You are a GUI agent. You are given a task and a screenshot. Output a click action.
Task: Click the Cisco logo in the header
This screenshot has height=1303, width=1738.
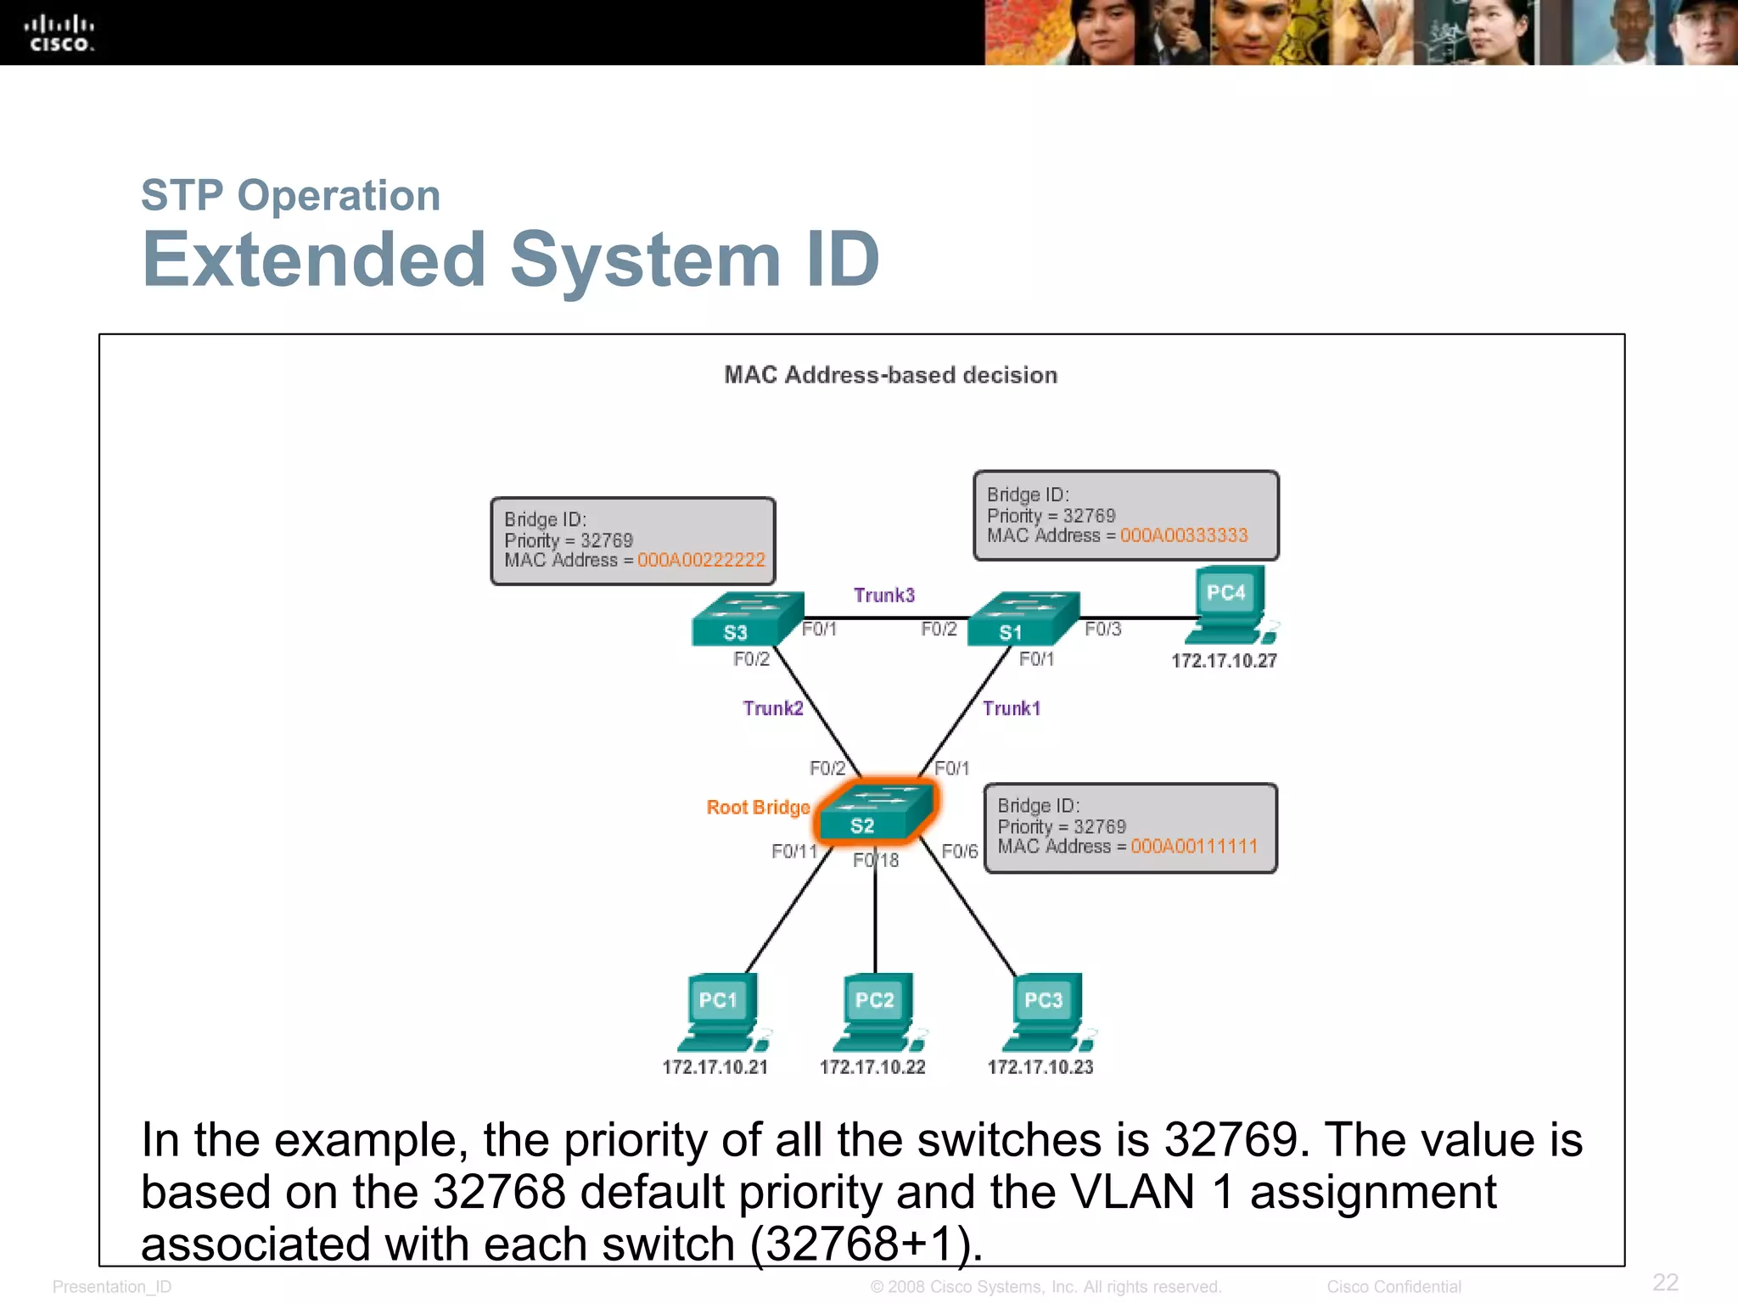point(59,33)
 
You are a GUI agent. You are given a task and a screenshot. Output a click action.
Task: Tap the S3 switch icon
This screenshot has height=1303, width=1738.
point(746,618)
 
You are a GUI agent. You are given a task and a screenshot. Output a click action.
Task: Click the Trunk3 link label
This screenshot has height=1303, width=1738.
point(883,596)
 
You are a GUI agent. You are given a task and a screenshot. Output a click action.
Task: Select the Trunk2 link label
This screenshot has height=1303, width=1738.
point(772,708)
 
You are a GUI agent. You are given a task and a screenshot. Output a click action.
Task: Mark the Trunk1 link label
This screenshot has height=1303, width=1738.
point(1011,708)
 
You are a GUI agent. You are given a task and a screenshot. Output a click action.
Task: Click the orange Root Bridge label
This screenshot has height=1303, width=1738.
point(758,808)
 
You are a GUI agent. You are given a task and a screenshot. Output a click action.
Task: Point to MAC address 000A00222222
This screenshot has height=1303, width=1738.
point(701,560)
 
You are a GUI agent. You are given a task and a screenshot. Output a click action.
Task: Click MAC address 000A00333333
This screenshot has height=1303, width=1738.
point(1184,535)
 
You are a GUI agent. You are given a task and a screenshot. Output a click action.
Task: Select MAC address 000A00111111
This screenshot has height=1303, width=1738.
point(1194,846)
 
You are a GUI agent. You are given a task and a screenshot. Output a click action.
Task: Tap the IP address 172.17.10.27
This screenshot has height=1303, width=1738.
point(1224,661)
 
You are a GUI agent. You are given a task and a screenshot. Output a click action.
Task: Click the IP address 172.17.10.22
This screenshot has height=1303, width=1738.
point(872,1067)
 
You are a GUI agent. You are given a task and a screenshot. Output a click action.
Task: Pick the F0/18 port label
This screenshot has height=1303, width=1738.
point(876,860)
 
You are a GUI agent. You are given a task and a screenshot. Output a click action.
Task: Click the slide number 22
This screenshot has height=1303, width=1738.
point(1665,1282)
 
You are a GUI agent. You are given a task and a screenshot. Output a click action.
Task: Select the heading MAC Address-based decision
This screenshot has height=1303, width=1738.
point(890,375)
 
